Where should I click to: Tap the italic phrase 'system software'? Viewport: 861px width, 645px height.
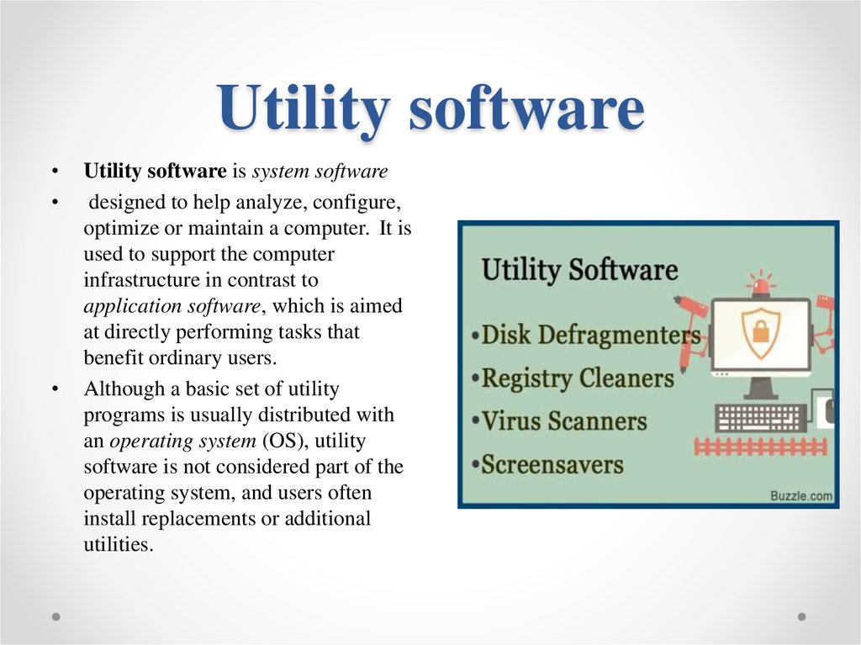pos(320,172)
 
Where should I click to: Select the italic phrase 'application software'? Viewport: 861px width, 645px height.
pos(172,307)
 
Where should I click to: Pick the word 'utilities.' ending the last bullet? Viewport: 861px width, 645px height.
pos(119,544)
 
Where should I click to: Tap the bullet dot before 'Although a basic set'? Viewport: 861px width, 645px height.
pos(55,389)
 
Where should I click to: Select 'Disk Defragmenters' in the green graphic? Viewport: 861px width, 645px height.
pos(589,335)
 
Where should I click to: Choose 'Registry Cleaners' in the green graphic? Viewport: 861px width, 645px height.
pos(577,378)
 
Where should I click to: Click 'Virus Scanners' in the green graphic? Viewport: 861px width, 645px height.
pos(563,420)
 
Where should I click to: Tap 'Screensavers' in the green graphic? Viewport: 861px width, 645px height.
pos(552,464)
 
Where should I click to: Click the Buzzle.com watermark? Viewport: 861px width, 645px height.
pos(801,495)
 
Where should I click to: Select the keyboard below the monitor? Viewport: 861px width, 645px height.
pos(761,417)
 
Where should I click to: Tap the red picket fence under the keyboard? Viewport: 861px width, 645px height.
pos(762,447)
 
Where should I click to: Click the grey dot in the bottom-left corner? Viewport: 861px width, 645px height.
pos(55,616)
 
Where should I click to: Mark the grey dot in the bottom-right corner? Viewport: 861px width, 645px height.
pos(801,616)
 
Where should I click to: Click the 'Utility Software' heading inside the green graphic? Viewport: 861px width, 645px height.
pos(578,270)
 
